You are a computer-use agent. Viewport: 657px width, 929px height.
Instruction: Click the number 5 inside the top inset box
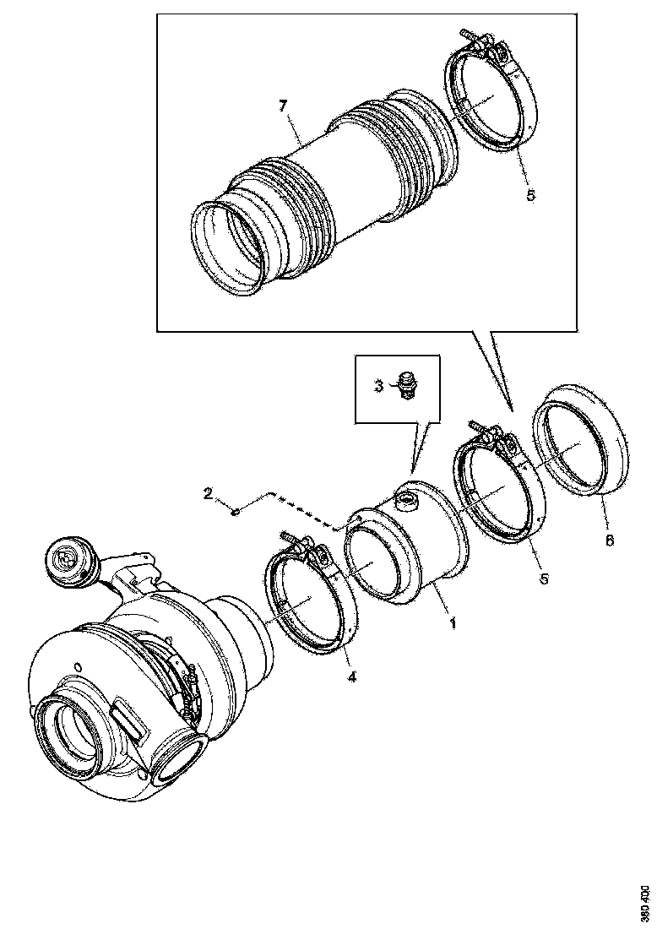coord(530,195)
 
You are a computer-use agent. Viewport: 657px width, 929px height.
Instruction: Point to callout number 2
coord(207,493)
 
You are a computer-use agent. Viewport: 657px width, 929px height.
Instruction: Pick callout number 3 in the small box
coord(379,385)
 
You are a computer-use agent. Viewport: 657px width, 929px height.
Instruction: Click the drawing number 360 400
coord(644,901)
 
